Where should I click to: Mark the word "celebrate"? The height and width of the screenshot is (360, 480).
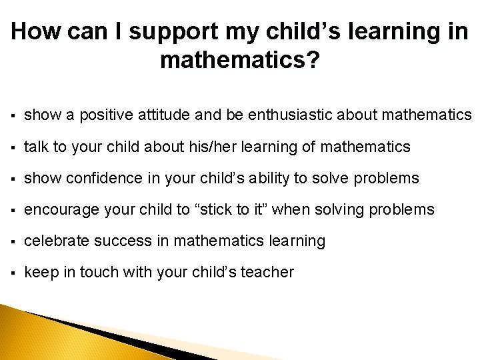pyautogui.click(x=57, y=241)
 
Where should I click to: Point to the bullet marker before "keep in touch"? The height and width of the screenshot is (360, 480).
pyautogui.click(x=14, y=272)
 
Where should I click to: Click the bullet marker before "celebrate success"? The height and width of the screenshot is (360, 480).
pyautogui.click(x=14, y=241)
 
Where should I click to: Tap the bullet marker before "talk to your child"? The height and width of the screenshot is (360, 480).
pyautogui.click(x=14, y=147)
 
